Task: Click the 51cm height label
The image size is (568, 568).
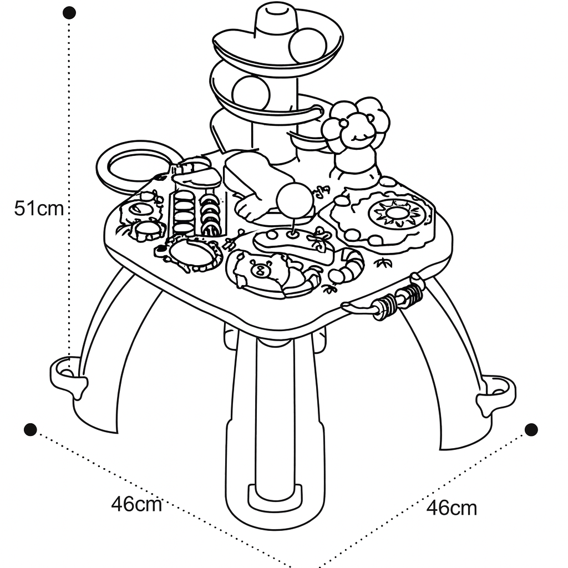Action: (39, 209)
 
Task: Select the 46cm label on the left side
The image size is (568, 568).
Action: (136, 504)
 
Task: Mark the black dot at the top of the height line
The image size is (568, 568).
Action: (69, 13)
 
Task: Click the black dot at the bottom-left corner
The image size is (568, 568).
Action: (31, 429)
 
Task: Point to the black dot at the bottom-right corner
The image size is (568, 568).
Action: (531, 429)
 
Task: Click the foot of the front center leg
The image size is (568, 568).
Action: (275, 499)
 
